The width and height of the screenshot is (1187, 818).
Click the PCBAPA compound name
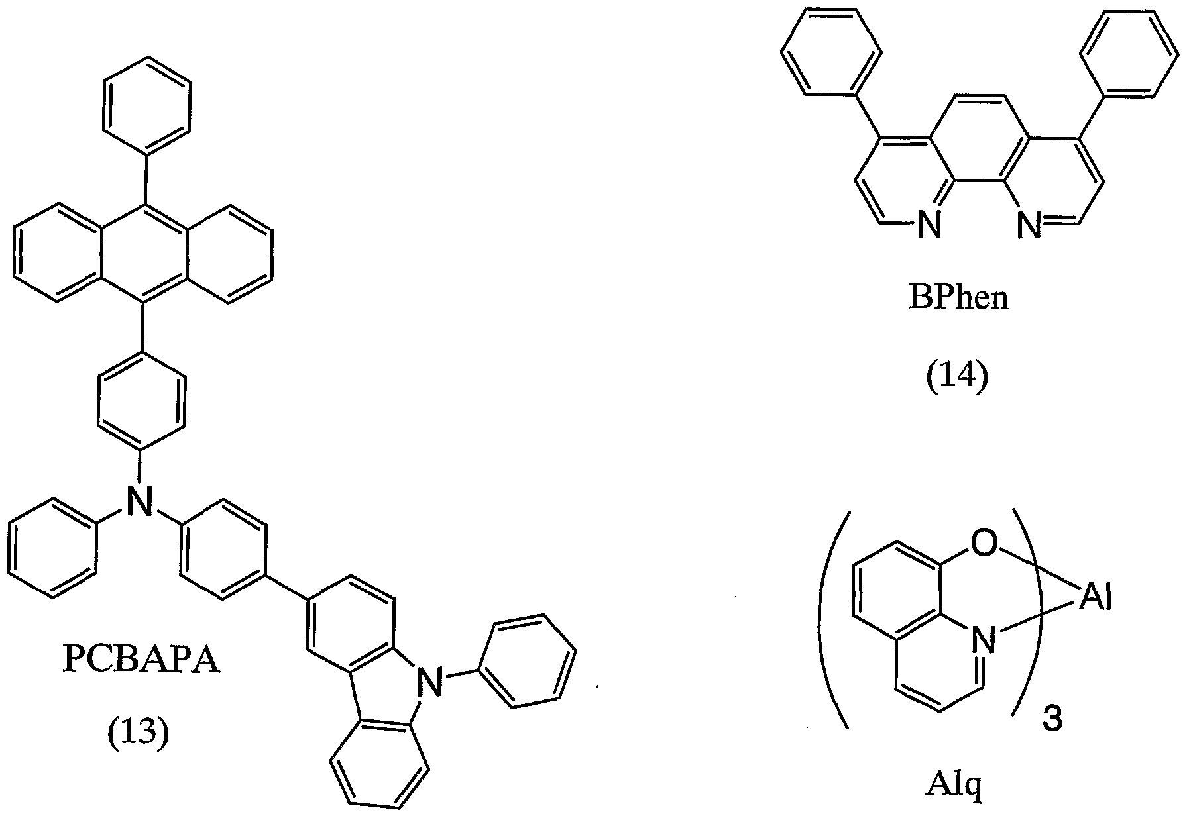tap(141, 660)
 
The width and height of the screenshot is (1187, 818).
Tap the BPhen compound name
tap(958, 298)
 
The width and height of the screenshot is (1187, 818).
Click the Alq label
tap(954, 788)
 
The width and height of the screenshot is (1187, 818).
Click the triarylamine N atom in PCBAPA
tap(139, 501)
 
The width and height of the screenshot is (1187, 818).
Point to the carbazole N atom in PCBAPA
tap(433, 682)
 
